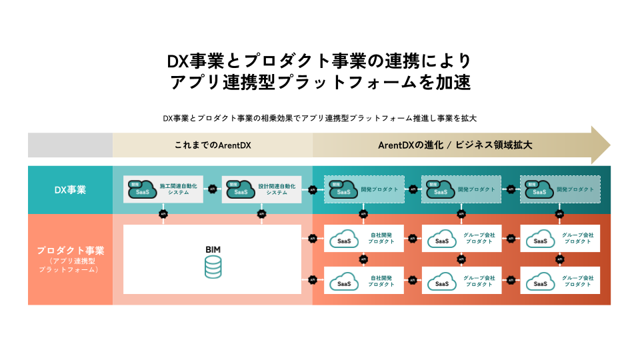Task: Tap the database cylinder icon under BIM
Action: point(213,267)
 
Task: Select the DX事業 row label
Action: point(70,190)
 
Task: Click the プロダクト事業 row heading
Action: point(70,251)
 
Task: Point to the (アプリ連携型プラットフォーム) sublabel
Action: point(70,265)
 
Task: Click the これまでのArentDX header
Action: point(212,145)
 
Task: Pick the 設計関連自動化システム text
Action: point(277,189)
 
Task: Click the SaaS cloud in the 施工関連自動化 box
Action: point(141,190)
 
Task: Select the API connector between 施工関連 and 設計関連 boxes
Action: point(212,190)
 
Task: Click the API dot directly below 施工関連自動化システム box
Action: point(163,214)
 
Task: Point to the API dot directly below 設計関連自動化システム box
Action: point(261,214)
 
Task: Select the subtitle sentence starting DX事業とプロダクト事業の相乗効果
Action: point(319,117)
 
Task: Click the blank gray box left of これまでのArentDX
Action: point(70,145)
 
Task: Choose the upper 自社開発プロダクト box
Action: point(363,239)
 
